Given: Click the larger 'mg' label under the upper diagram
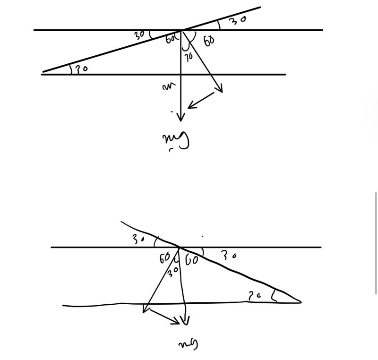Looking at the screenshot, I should point(176,140).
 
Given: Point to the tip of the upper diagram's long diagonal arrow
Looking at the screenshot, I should point(221,91).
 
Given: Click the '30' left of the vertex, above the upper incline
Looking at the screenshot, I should point(140,34).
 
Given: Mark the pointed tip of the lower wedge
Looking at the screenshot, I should point(300,301).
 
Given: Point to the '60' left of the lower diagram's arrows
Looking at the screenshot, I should point(164,258).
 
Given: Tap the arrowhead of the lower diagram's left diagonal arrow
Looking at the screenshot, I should point(144,310).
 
